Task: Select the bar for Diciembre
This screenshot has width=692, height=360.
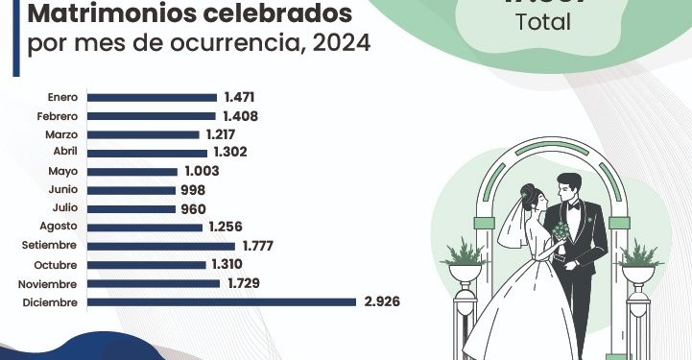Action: pos(222,301)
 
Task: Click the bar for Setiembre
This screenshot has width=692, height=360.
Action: pos(160,246)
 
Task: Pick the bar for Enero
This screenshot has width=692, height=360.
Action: pos(152,97)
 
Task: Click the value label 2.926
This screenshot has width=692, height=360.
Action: pos(380,301)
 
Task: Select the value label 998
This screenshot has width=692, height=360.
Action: pos(192,190)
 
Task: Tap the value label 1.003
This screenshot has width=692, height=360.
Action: pos(202,171)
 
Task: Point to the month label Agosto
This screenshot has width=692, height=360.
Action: pos(60,227)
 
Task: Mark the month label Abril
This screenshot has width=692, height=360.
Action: pos(64,153)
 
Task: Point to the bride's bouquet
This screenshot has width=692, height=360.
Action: pos(559,233)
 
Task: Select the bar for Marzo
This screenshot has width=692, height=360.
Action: pos(143,134)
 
